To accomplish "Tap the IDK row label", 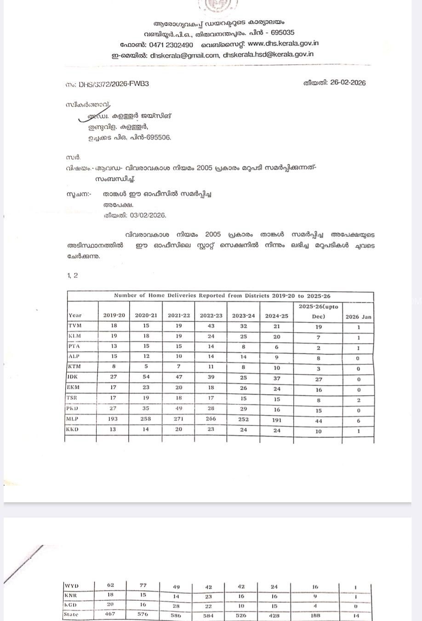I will tap(73, 377).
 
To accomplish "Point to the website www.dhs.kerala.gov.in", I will tap(283, 43).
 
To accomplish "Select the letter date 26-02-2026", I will tap(348, 83).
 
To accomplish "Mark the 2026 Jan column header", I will tap(358, 316).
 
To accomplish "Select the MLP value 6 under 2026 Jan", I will tap(359, 421).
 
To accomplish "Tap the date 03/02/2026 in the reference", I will tap(148, 215).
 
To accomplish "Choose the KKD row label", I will tap(73, 429).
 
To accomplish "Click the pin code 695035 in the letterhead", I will tap(283, 33).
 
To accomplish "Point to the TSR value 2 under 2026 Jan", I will tap(359, 400).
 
